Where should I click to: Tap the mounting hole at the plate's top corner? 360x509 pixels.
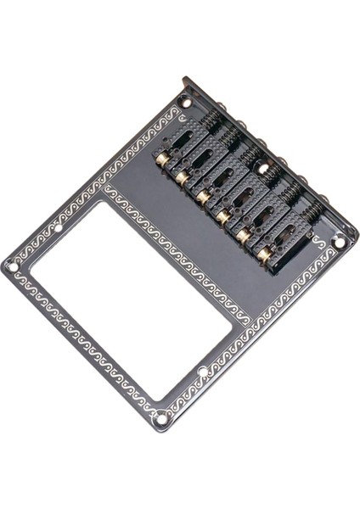[x=186, y=103]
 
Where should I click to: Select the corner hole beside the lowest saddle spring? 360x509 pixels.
[x=339, y=242]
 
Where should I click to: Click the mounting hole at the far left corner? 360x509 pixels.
[x=13, y=266]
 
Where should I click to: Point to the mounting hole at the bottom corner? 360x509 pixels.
[x=161, y=417]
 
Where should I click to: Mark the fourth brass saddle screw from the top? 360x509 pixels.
[x=222, y=216]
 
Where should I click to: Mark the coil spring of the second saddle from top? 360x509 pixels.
[x=229, y=145]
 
